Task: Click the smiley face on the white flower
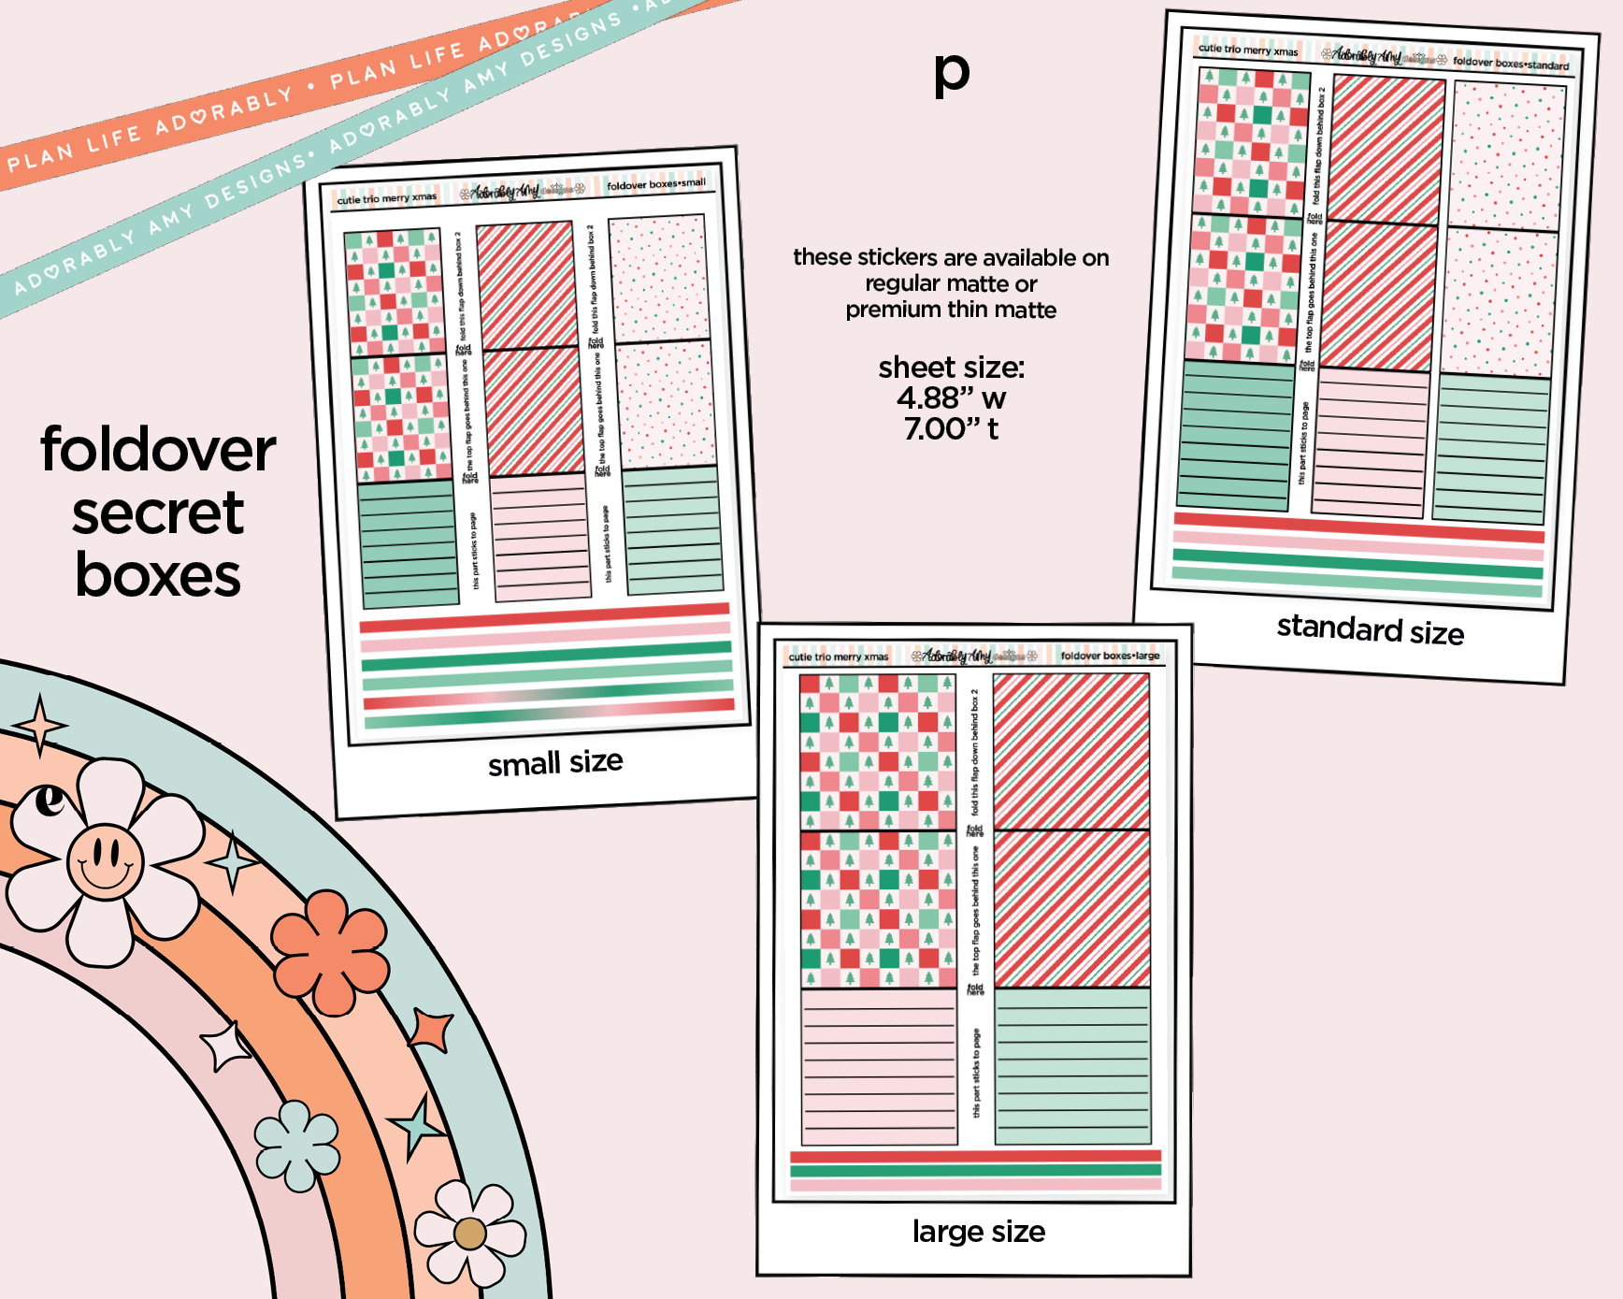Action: tap(105, 860)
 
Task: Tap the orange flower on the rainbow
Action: tap(329, 952)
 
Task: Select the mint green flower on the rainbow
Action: tap(297, 1146)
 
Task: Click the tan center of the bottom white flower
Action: tap(470, 1234)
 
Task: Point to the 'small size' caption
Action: tap(555, 763)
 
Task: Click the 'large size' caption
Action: tap(978, 1232)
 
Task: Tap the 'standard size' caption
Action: tap(1370, 629)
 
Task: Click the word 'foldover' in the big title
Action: tap(158, 450)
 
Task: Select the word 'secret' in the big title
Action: tap(158, 513)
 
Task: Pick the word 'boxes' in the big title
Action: tap(158, 575)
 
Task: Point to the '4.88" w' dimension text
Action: tap(951, 398)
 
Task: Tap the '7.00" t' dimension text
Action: tap(951, 429)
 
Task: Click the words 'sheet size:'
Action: tap(951, 368)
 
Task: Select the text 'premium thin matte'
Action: tap(951, 310)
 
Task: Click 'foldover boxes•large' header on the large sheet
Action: tap(1110, 656)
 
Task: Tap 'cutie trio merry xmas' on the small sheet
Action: tap(386, 198)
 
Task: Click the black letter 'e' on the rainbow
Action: tap(50, 801)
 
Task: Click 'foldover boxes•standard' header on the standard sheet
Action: tap(1510, 64)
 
